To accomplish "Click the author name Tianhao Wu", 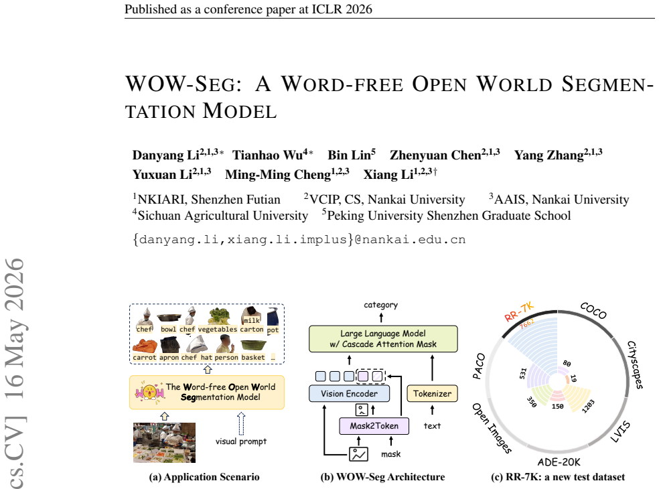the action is click(267, 155).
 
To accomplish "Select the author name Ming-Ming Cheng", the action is click(278, 174).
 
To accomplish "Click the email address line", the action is click(299, 239).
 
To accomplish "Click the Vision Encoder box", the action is click(349, 394).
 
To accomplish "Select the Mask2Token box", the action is click(374, 426).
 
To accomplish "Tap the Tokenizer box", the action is click(432, 394).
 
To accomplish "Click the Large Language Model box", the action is click(383, 339).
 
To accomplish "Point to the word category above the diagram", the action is click(381, 305).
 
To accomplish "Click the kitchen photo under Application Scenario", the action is click(164, 443).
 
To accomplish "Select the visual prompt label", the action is click(241, 441).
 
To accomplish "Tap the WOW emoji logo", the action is click(149, 393).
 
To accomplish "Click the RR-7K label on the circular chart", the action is click(519, 312).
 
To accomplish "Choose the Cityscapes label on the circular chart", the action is click(635, 365).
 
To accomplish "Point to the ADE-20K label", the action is click(559, 462).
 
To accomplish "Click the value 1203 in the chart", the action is click(589, 406).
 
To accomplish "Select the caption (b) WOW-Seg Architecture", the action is click(382, 477).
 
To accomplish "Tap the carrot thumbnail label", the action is click(145, 358).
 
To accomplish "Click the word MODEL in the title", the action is click(240, 111).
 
